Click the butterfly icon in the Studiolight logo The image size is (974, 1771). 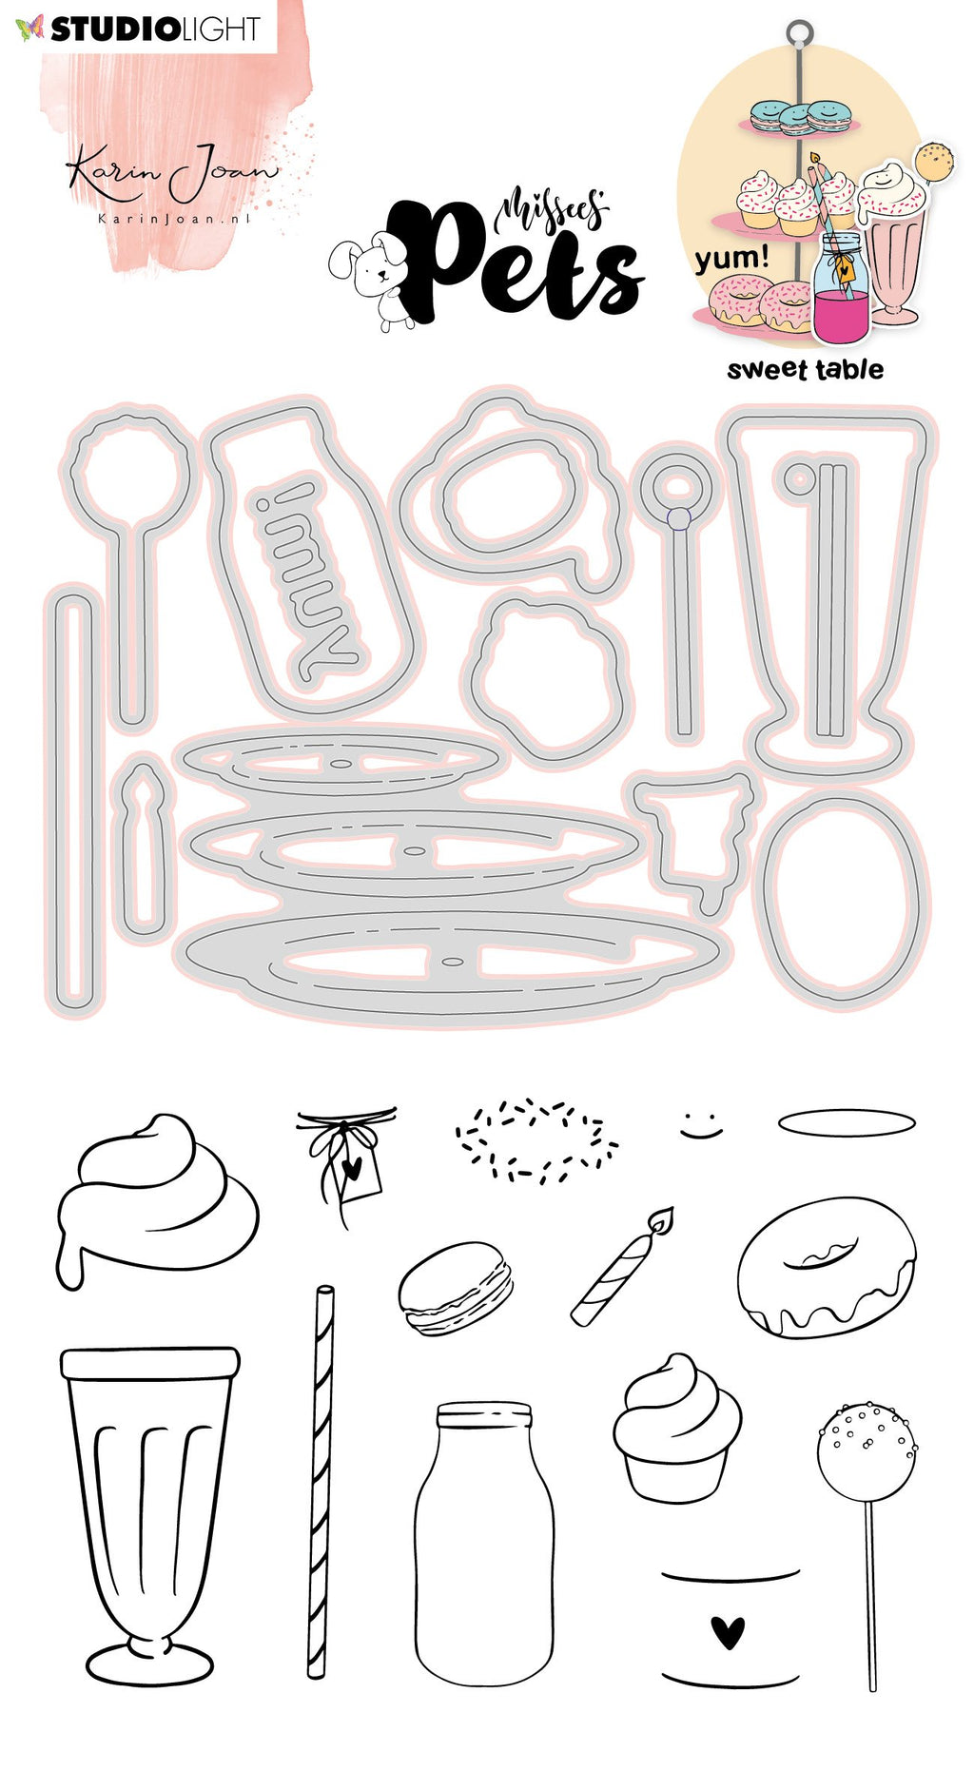pos(29,29)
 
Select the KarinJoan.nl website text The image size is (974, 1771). pos(174,219)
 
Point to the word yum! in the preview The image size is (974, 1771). pos(731,258)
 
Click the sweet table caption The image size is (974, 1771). pos(805,370)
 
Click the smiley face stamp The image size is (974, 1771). pos(702,1122)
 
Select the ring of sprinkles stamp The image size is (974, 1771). pos(536,1141)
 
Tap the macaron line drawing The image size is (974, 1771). pos(455,1288)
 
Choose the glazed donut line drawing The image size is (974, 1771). pos(827,1267)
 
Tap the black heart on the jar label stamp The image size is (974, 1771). pos(729,1632)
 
